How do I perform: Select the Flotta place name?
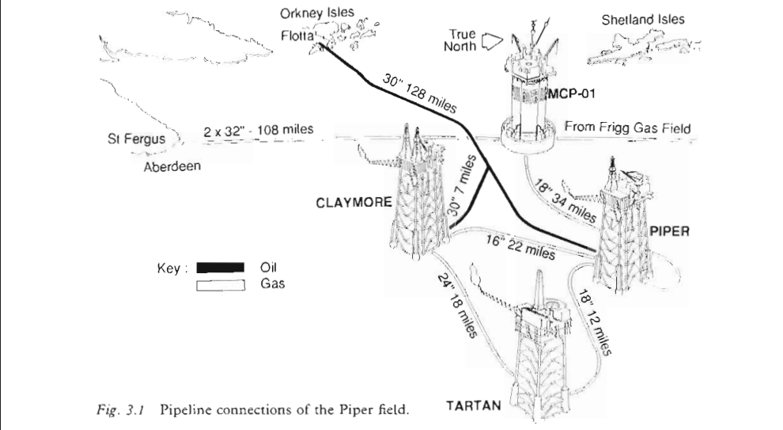[297, 36]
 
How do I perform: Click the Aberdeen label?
[172, 167]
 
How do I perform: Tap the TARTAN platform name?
[473, 406]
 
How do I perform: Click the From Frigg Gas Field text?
[628, 128]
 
